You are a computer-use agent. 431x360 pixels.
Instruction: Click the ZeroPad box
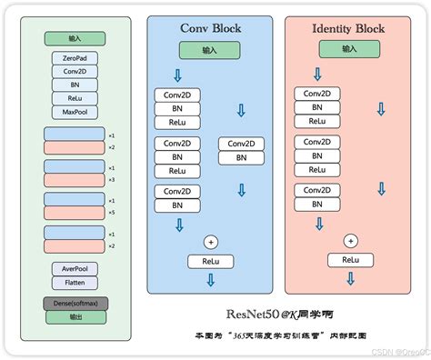pos(75,58)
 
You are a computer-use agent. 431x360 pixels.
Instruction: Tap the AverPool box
pos(75,269)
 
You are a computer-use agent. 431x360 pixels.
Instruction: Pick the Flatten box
pos(75,282)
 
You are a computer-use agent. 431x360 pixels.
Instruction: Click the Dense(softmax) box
pos(75,303)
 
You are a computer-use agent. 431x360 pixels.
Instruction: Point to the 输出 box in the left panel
pos(75,316)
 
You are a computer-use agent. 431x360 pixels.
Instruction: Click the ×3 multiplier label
pos(112,179)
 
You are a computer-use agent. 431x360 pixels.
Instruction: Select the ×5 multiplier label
pos(112,213)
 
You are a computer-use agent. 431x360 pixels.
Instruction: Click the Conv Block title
pos(210,27)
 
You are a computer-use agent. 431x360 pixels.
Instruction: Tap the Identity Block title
pos(347,27)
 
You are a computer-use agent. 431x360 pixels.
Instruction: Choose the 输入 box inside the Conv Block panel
pos(210,50)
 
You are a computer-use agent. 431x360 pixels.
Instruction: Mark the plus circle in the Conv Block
pos(211,242)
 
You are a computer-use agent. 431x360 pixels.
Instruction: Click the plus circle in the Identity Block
pos(348,241)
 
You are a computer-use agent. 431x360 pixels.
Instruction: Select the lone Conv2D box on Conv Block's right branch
pos(241,144)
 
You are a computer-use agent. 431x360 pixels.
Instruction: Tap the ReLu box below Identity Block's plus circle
pos(348,260)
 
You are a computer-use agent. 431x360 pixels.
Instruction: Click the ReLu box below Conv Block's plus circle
pos(211,261)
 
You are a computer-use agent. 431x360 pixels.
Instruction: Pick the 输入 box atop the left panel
pos(75,39)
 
